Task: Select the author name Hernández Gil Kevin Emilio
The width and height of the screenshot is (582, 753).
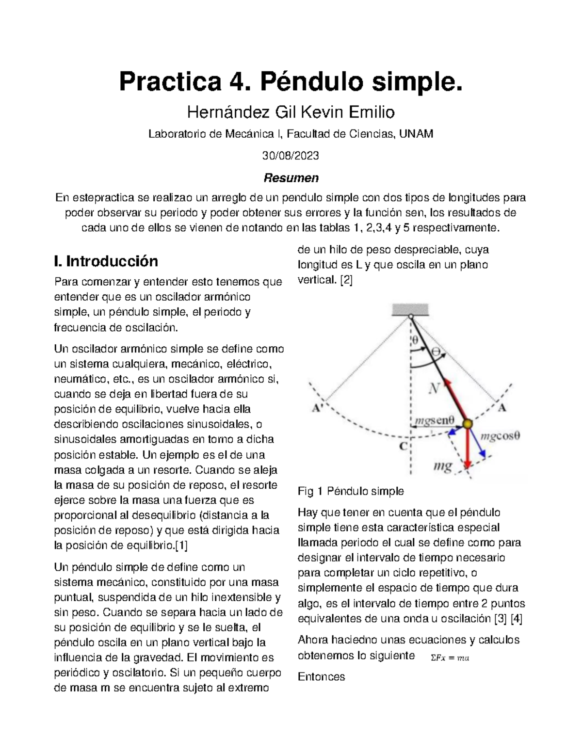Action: tap(291, 112)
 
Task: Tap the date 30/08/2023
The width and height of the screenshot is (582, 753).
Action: tap(291, 156)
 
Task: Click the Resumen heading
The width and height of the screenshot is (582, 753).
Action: tap(291, 178)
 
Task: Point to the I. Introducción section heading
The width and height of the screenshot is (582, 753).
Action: tap(106, 261)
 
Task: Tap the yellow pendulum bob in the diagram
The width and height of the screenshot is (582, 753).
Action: tap(467, 424)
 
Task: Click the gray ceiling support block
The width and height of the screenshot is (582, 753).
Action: tap(410, 309)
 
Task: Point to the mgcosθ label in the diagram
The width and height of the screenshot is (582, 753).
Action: tap(500, 435)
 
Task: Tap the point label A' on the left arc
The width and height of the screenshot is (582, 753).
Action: tap(318, 408)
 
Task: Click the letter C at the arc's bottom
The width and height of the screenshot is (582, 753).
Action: tap(403, 446)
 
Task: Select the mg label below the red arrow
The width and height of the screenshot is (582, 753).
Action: tap(442, 466)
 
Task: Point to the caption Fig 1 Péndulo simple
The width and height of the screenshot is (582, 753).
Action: tap(350, 491)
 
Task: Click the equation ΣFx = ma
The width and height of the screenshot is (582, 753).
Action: tap(450, 658)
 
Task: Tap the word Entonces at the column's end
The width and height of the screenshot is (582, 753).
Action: tap(321, 676)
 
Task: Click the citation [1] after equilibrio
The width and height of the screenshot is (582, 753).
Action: tap(180, 545)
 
